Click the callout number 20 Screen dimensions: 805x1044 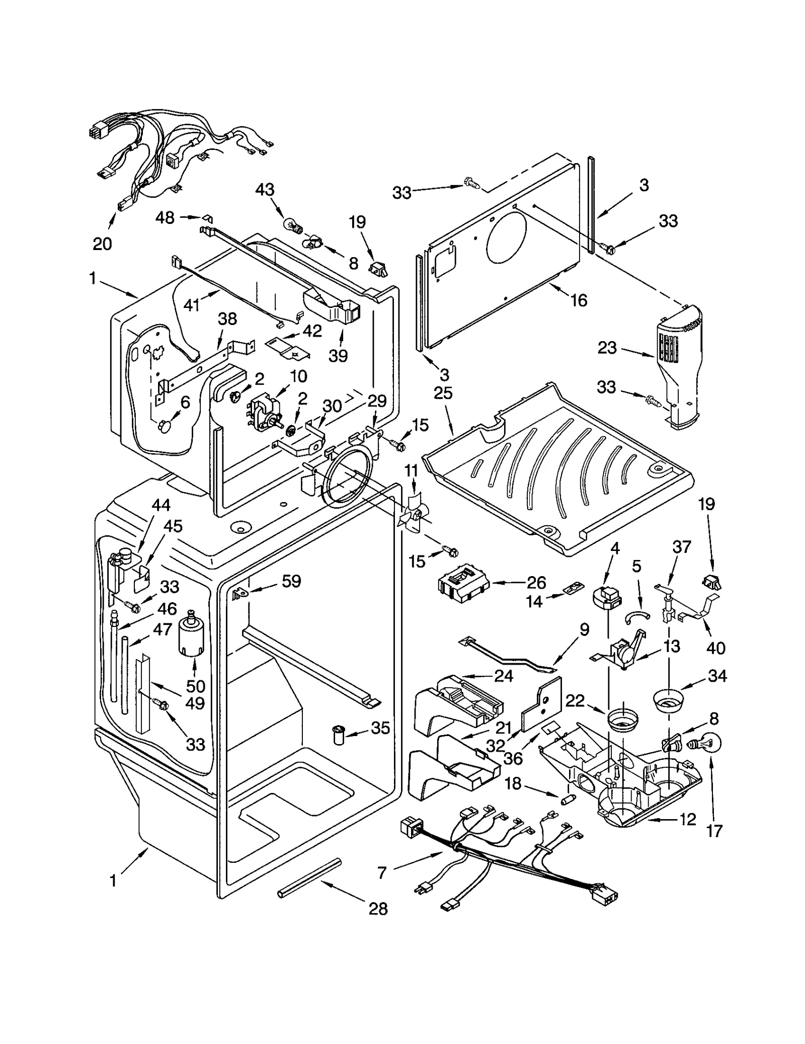coord(102,244)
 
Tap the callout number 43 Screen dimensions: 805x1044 coord(265,190)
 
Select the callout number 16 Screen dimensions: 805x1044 coord(579,300)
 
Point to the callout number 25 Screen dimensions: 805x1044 coord(443,393)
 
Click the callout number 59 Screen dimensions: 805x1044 coord(291,581)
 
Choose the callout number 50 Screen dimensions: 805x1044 coord(196,686)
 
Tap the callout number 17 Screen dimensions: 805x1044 coord(714,830)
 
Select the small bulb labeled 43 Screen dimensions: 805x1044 coord(293,225)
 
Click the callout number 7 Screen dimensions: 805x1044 coord(382,873)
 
